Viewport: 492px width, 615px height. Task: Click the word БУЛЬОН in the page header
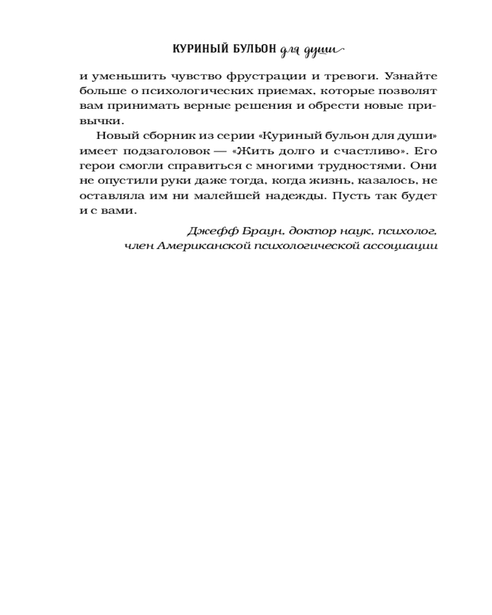click(248, 50)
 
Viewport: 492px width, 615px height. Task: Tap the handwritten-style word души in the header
click(322, 50)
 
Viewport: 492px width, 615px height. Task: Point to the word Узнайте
click(410, 77)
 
